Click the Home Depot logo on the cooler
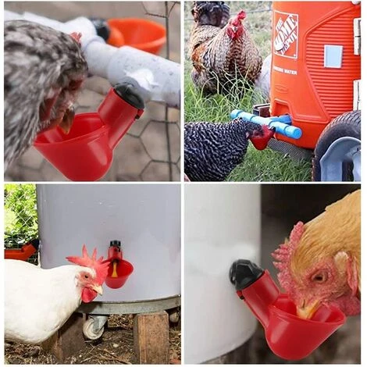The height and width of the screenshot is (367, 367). tap(286, 34)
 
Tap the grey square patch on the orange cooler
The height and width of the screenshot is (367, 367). tap(333, 55)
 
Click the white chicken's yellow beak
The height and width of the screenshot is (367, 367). tap(96, 289)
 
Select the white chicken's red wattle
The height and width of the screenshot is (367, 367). tap(88, 296)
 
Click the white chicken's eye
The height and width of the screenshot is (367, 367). tap(86, 276)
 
